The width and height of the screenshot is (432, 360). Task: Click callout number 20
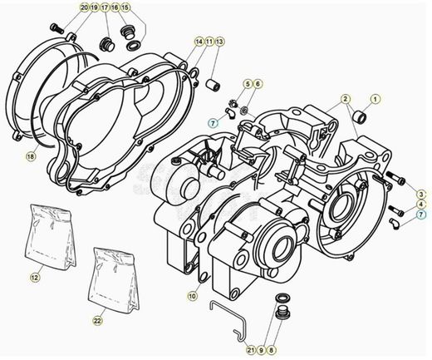coord(84,7)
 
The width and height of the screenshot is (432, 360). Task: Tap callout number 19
coord(95,7)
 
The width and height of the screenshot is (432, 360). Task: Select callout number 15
coord(126,7)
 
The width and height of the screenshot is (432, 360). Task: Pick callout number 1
coord(375,99)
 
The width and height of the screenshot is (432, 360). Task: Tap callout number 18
coord(31,155)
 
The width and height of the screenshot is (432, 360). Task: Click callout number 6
coord(258,85)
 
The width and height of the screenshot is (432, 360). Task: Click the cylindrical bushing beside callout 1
coord(360,116)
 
